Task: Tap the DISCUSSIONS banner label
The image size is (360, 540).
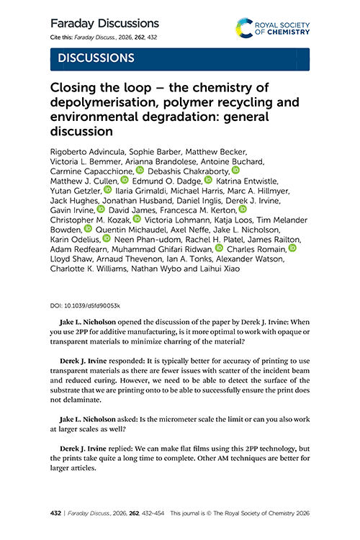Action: coord(96,57)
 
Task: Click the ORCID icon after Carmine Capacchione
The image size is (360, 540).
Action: coord(140,171)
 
